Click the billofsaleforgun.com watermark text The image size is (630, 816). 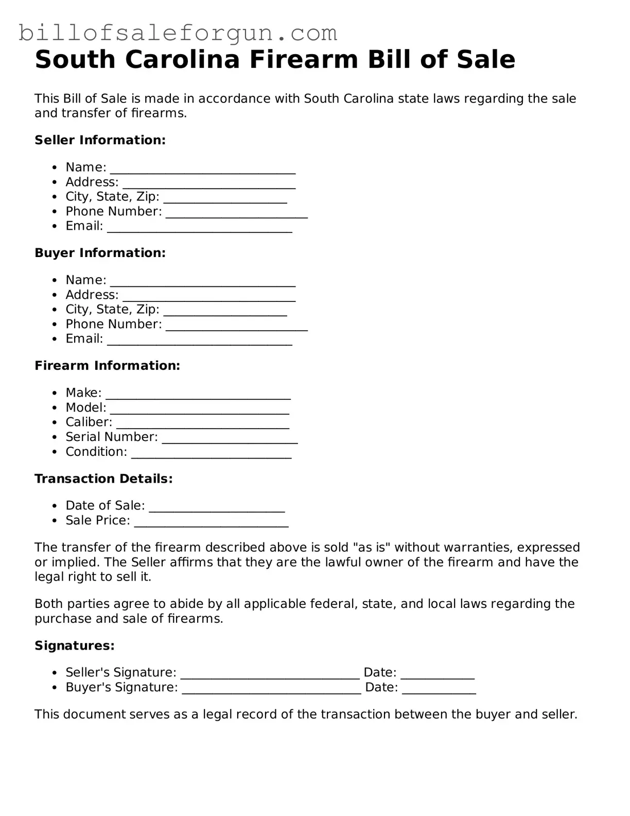[178, 33]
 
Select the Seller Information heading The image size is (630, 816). [100, 140]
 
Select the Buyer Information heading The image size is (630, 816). [100, 253]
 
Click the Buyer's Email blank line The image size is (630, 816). [199, 342]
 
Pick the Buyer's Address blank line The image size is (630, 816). [209, 297]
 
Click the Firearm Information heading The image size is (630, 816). [107, 366]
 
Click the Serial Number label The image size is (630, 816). [111, 437]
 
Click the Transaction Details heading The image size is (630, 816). [103, 479]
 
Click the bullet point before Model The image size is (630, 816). [55, 408]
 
